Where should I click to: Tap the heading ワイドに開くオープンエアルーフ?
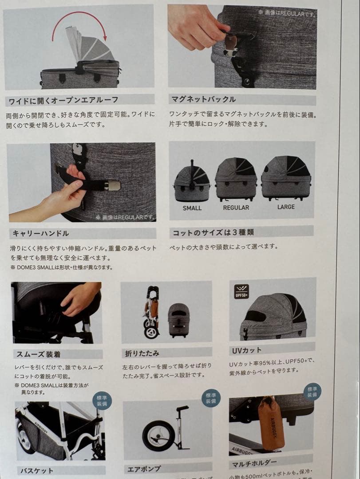(62, 100)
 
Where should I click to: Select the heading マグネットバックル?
(203, 99)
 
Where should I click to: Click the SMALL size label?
(192, 208)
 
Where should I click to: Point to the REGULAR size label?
(236, 207)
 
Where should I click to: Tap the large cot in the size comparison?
(285, 177)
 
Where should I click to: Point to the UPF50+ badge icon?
(242, 291)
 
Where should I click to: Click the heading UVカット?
(246, 350)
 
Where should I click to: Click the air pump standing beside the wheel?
(180, 426)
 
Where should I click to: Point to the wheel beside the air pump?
(158, 436)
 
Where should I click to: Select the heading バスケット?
(37, 471)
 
